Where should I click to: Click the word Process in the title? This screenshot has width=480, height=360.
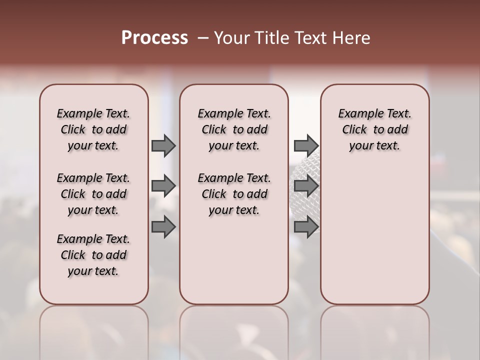click(154, 38)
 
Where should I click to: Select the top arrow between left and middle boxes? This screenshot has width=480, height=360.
click(163, 145)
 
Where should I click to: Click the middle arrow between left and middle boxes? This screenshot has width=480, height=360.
click(163, 186)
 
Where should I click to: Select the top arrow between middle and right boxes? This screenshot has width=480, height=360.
click(305, 145)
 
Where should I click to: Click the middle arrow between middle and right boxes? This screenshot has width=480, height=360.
click(305, 186)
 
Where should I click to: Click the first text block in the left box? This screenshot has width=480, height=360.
click(93, 129)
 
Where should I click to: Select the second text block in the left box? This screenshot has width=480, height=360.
click(93, 194)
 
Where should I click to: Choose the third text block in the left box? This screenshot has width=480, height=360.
click(93, 255)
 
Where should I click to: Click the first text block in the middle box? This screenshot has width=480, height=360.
click(234, 129)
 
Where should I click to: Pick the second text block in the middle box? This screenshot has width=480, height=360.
click(234, 194)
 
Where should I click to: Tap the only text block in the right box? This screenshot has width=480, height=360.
click(374, 129)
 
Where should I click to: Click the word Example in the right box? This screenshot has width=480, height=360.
click(357, 114)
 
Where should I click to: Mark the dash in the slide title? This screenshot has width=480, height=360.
click(203, 38)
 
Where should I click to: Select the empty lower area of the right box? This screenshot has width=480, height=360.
click(374, 235)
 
